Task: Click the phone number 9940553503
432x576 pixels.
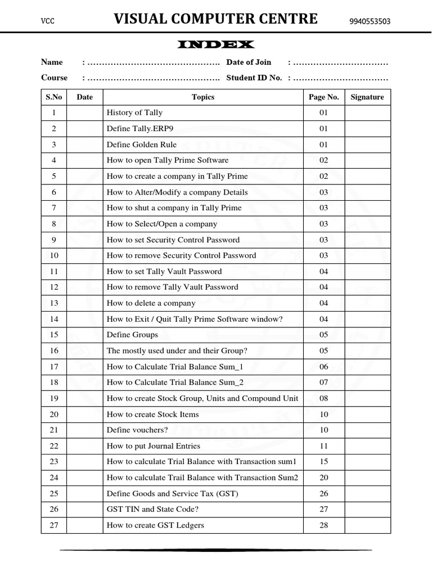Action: click(370, 22)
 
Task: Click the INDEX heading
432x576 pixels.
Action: click(216, 44)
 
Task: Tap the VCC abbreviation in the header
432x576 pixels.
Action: click(46, 21)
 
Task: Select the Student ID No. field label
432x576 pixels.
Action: click(254, 78)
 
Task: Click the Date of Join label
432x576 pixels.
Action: click(249, 62)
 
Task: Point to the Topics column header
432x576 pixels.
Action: click(203, 97)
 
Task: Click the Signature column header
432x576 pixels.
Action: click(367, 97)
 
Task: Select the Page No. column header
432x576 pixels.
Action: click(323, 97)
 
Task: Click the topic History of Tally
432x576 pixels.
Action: click(134, 112)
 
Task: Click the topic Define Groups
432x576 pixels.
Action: click(132, 335)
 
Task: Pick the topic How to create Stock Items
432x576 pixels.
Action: click(152, 415)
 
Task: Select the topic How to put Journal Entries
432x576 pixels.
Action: click(153, 446)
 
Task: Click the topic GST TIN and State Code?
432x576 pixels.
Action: click(152, 510)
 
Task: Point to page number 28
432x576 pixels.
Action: click(323, 525)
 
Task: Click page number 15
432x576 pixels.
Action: click(323, 462)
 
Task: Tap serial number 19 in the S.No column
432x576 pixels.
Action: click(54, 398)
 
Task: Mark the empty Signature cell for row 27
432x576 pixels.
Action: click(367, 525)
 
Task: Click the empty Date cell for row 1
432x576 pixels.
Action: click(84, 112)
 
